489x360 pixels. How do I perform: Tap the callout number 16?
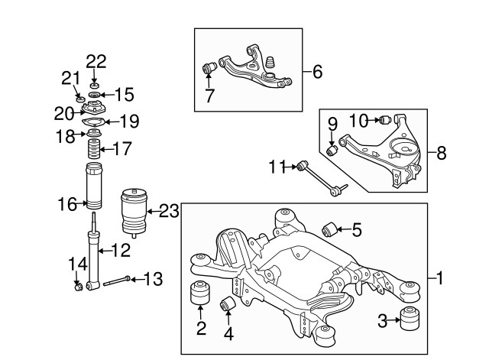point(69,203)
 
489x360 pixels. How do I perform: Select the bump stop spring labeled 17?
point(96,148)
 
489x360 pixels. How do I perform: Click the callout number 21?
point(70,78)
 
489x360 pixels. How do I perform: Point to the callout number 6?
point(317,73)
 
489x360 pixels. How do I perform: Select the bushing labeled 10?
point(386,119)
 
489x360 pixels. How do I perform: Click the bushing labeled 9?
point(332,149)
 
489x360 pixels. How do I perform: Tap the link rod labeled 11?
point(321,176)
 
